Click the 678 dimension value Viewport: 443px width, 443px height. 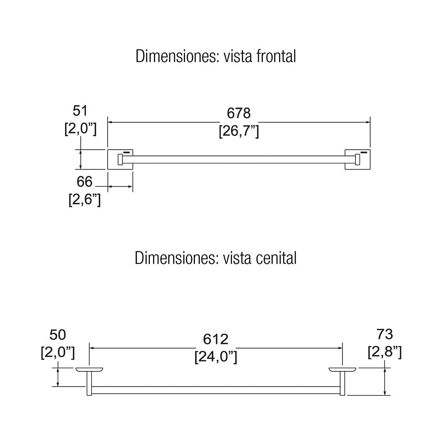(x=238, y=113)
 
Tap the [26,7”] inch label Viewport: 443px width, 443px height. (x=239, y=131)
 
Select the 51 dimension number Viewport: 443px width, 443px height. (x=80, y=111)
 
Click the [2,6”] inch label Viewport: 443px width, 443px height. (x=85, y=200)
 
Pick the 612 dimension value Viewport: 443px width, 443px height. (x=216, y=339)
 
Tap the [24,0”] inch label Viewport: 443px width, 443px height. (x=216, y=357)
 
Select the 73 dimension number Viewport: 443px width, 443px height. (x=385, y=334)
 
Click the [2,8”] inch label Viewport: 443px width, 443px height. (x=385, y=352)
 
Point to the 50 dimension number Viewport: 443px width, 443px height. (x=58, y=335)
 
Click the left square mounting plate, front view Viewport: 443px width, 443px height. (x=120, y=159)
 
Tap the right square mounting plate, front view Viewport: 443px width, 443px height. (x=357, y=159)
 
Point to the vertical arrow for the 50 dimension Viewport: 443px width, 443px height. (x=58, y=377)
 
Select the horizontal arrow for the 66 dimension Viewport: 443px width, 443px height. (x=120, y=186)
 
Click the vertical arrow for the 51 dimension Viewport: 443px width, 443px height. (x=80, y=159)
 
